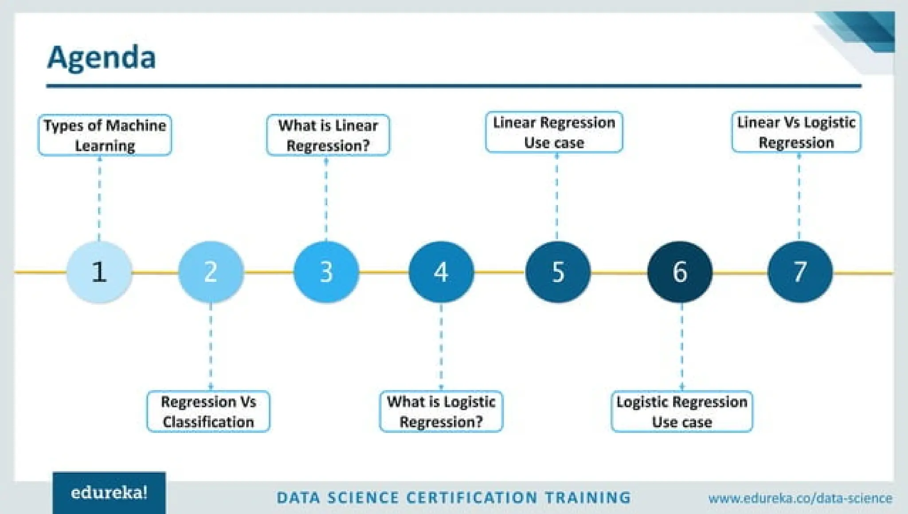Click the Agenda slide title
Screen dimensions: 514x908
pos(102,58)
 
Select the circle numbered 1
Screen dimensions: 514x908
pos(99,272)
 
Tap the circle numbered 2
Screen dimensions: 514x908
pos(211,272)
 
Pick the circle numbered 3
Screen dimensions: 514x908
pos(326,272)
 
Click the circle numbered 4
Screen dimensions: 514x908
pos(441,272)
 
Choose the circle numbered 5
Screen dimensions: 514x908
pos(558,272)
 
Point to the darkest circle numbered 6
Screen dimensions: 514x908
pos(680,272)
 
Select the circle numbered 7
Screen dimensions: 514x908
pos(800,272)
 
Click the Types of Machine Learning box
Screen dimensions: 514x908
pos(105,135)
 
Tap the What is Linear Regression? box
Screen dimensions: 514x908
pos(328,135)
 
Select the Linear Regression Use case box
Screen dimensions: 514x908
pos(554,132)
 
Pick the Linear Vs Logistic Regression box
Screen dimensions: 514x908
pos(796,132)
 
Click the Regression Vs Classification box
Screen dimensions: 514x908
pos(208,412)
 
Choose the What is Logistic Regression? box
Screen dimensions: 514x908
pos(441,412)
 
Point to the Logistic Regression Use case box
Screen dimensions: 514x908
pos(682,412)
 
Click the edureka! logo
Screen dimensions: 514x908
pos(109,493)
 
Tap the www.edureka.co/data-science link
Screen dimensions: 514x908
pos(800,498)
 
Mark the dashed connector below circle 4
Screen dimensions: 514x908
pos(441,346)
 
